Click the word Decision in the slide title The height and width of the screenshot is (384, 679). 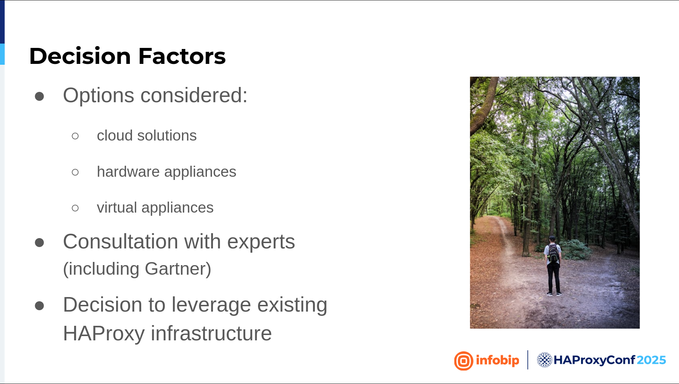(80, 56)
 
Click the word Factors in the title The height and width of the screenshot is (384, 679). (182, 56)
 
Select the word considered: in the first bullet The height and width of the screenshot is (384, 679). (194, 95)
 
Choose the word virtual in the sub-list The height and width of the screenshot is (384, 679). (117, 208)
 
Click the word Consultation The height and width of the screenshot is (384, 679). (121, 242)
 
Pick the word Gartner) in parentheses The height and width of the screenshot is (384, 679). (178, 269)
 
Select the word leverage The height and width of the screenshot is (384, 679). (211, 305)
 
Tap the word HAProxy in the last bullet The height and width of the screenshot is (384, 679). (104, 334)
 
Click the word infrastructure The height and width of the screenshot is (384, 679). (211, 334)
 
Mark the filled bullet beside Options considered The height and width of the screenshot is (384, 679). (39, 96)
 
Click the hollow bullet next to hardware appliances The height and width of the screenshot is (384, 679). (75, 172)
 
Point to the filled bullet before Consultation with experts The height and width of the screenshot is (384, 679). (39, 242)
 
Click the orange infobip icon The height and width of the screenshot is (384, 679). (464, 361)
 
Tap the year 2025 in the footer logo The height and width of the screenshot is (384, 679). (651, 360)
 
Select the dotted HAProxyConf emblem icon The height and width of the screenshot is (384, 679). (544, 360)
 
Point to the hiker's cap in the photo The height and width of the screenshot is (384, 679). (552, 238)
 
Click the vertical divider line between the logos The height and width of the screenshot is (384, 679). (528, 360)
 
